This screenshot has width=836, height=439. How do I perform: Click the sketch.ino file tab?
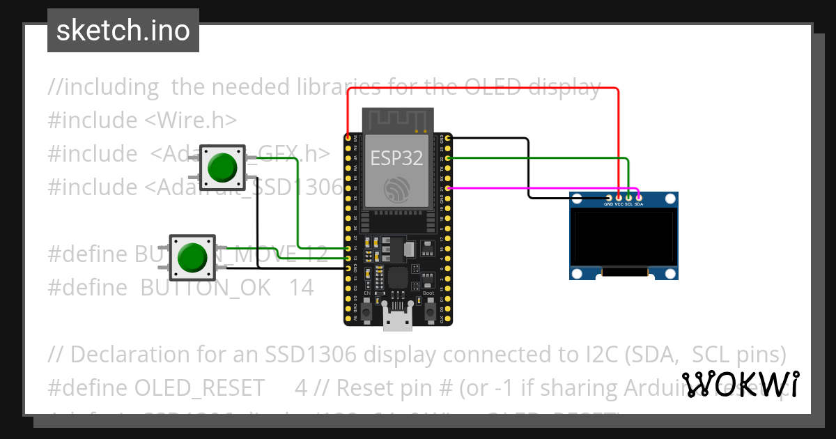click(x=123, y=31)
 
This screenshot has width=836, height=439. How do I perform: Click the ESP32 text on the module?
click(x=396, y=158)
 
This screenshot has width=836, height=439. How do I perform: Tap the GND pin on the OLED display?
click(x=609, y=198)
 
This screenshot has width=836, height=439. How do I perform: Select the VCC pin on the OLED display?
click(x=619, y=198)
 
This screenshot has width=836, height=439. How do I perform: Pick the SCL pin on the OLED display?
click(x=628, y=198)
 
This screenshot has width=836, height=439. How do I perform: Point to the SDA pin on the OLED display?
click(x=639, y=198)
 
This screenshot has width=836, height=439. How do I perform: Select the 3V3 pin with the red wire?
click(x=348, y=139)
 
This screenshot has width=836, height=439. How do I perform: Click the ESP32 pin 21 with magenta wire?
click(x=448, y=187)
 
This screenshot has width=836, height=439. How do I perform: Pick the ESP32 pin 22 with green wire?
click(x=448, y=158)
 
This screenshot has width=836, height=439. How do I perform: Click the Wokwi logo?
click(x=741, y=384)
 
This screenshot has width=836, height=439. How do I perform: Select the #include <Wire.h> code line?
click(x=142, y=121)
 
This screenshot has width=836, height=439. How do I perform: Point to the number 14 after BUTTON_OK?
click(x=301, y=287)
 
